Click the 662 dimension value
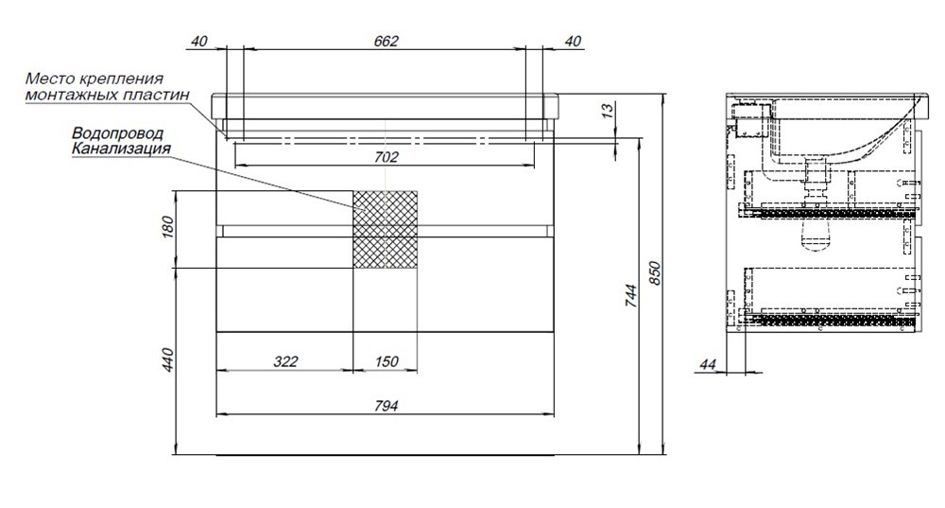(386, 41)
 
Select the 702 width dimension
(386, 157)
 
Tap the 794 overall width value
(386, 406)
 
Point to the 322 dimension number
(285, 361)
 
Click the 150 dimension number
(386, 361)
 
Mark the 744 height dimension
(630, 296)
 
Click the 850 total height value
(656, 273)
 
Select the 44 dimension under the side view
(708, 364)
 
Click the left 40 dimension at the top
(198, 41)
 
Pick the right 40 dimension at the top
(574, 41)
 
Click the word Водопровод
(118, 132)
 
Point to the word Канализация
(121, 148)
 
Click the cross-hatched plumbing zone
(386, 229)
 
